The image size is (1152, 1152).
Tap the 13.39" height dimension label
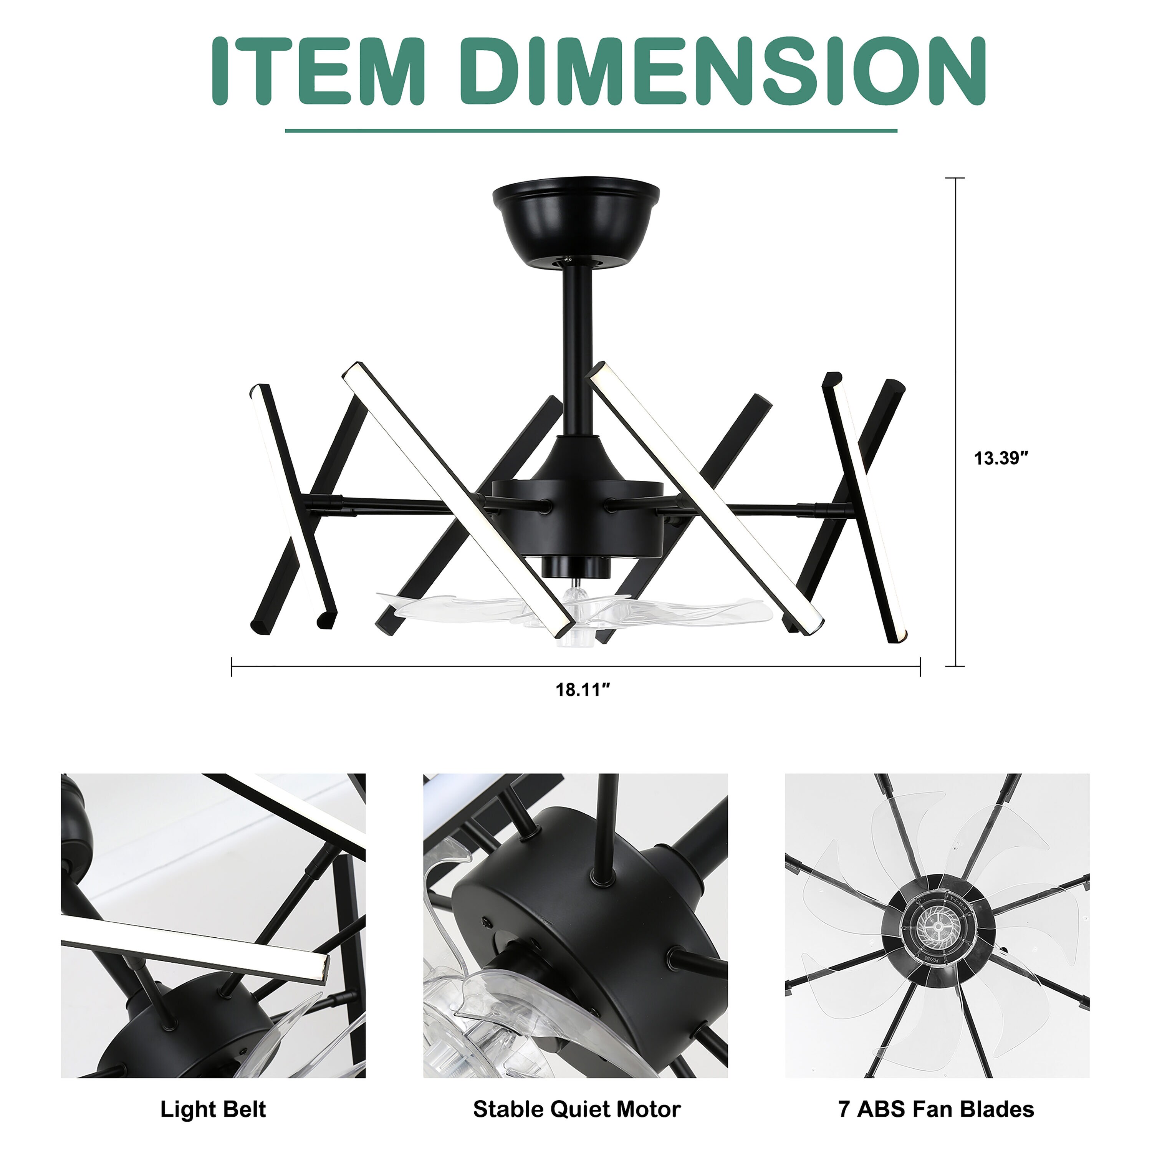pyautogui.click(x=1002, y=458)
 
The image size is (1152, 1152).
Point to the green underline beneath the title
pyautogui.click(x=591, y=131)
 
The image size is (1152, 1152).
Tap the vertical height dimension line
pyautogui.click(x=956, y=422)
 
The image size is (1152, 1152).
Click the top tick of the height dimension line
pyautogui.click(x=956, y=178)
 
